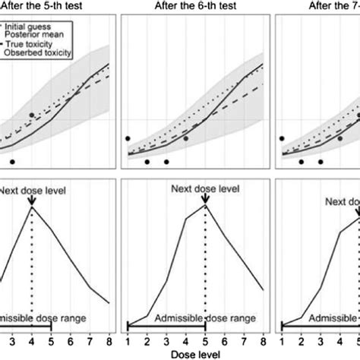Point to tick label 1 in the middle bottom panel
coord(128,339)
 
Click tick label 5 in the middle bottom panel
coord(205,339)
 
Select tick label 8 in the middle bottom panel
coord(263,339)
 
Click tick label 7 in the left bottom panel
coord(90,339)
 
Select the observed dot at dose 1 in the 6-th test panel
coord(128,138)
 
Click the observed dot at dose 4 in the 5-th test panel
coord(32,115)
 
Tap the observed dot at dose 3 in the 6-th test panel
coord(166,162)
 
